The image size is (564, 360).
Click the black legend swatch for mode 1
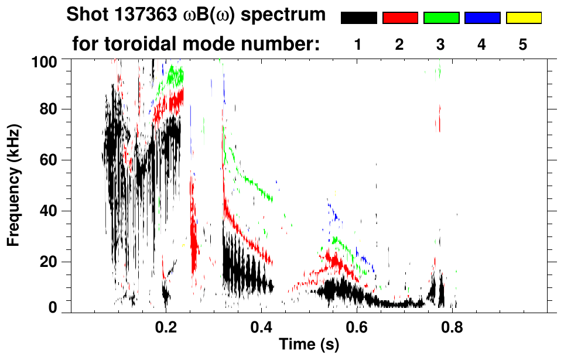click(358, 18)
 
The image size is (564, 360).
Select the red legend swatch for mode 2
click(400, 18)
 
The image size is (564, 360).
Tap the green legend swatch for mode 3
click(441, 18)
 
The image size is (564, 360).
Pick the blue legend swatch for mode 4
click(482, 18)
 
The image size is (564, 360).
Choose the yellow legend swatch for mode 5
click(524, 18)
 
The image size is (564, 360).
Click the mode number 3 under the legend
click(440, 44)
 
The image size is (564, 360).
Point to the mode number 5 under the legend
click(523, 44)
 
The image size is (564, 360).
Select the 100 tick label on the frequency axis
click(45, 60)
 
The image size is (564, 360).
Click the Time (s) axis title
click(308, 345)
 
